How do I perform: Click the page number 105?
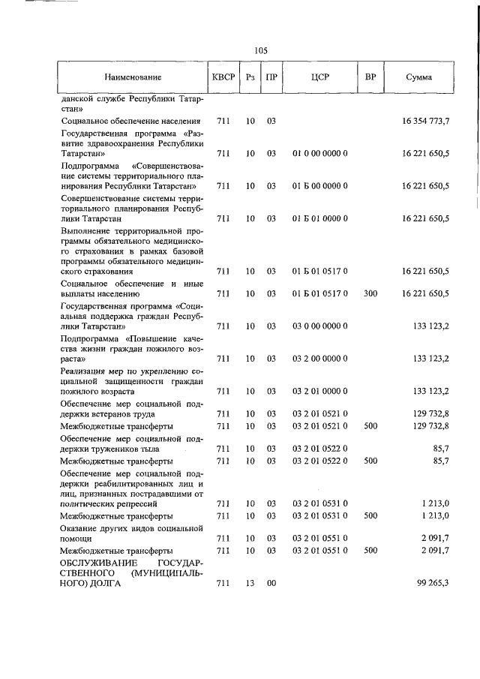[260, 50]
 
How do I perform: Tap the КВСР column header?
[223, 77]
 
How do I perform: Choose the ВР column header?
[370, 77]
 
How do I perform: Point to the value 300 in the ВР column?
[370, 293]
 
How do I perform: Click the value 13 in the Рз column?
[250, 583]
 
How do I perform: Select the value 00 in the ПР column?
[271, 583]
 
